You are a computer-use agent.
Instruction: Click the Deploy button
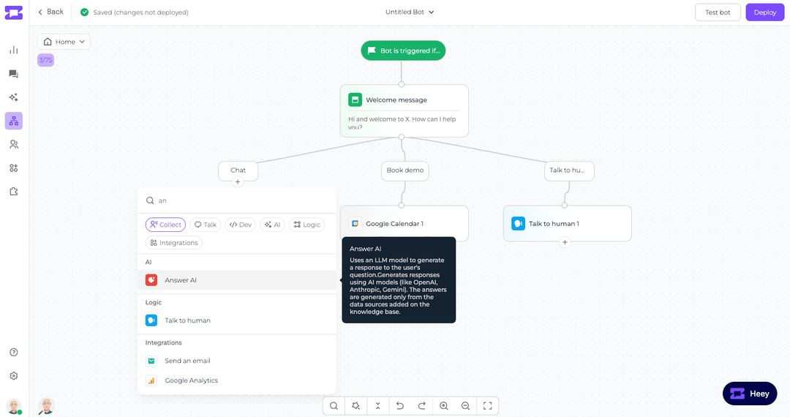[765, 12]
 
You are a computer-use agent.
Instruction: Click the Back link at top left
[51, 12]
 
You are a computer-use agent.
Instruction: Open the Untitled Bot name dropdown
[410, 12]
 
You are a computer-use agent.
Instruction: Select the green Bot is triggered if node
[403, 50]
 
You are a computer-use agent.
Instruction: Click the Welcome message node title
[396, 99]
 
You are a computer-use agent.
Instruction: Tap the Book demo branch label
[405, 170]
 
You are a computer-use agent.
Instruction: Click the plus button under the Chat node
[238, 182]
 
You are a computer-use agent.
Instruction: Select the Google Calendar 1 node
[404, 223]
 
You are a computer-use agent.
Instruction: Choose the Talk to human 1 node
[568, 223]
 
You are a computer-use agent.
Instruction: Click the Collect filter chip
[166, 225]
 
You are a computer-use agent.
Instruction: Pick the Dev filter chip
[241, 225]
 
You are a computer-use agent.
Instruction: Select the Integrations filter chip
[174, 243]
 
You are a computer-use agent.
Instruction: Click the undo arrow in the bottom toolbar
[400, 406]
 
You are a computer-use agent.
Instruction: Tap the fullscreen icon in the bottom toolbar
[487, 406]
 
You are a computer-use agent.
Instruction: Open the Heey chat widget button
[750, 394]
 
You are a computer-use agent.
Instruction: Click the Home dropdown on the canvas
[64, 42]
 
